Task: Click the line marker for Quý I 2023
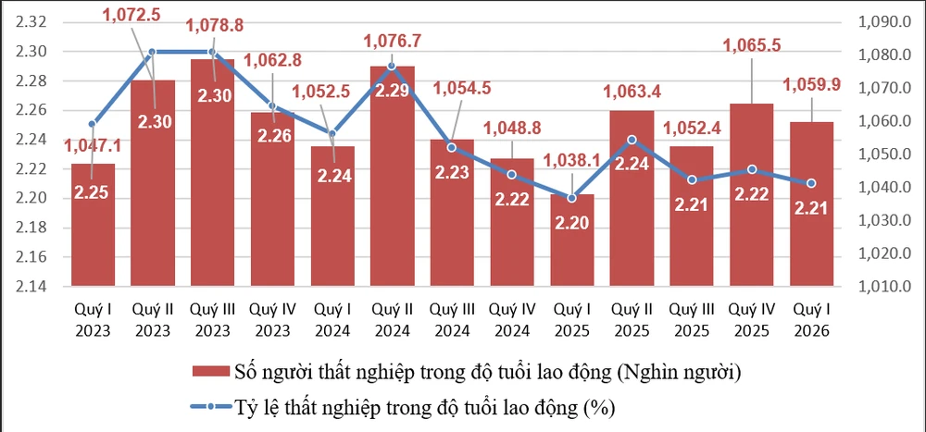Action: (93, 124)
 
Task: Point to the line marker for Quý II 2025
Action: (632, 140)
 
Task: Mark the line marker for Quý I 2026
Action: (811, 183)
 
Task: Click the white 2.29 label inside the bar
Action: (392, 91)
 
